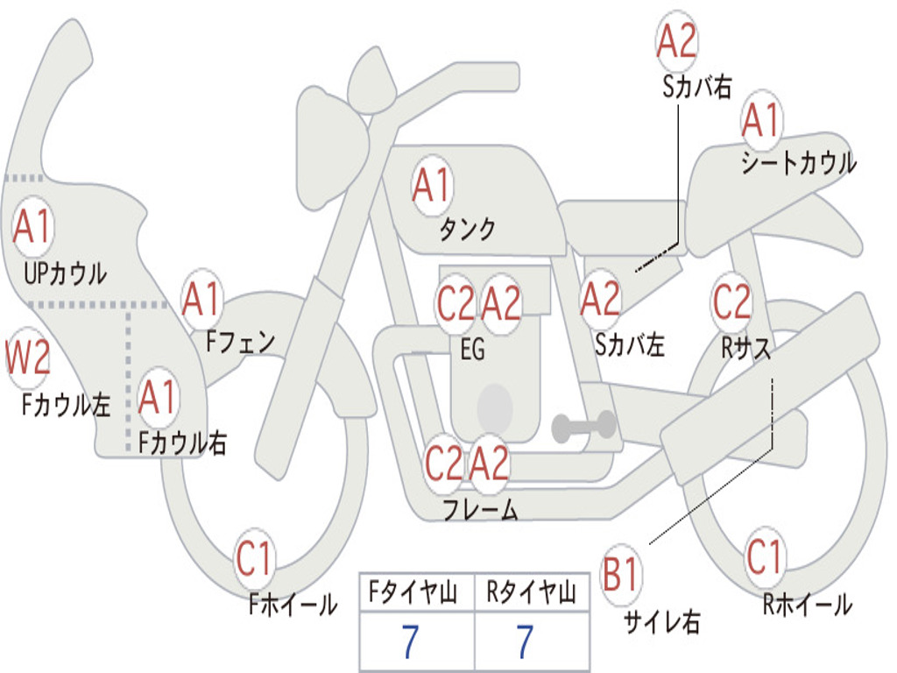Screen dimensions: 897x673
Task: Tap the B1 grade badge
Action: tap(621, 573)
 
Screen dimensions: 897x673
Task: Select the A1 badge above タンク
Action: tap(432, 185)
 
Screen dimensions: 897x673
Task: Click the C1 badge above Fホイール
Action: tap(255, 558)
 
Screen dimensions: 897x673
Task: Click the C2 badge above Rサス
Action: tap(731, 301)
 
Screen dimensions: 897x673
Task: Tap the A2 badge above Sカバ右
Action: tap(677, 40)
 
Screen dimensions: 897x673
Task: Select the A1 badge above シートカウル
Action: tap(761, 120)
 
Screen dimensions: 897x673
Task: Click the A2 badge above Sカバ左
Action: tap(600, 300)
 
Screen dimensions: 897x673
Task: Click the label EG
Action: tap(473, 349)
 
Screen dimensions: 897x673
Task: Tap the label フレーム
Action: tap(481, 508)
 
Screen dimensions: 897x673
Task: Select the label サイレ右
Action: tap(662, 620)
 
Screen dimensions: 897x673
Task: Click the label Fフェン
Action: tap(241, 343)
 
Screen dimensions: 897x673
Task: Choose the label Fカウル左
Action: tap(66, 404)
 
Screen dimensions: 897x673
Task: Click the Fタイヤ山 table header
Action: tap(413, 592)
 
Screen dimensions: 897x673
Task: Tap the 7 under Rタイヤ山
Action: tap(526, 641)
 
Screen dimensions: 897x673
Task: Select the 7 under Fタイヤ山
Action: tap(411, 641)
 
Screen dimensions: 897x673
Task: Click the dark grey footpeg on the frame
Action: tap(583, 427)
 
